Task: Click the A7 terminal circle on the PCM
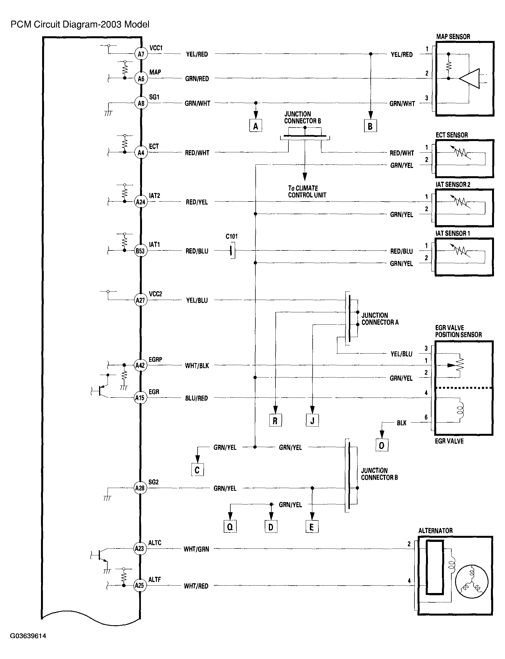141,54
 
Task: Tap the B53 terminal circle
140,251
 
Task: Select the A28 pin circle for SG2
140,488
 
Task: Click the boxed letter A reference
255,126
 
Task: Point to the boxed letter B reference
370,126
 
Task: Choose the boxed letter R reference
275,420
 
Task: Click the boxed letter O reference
382,445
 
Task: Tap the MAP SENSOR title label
453,37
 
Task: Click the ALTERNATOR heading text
435,531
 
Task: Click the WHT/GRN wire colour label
196,549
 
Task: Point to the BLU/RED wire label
196,398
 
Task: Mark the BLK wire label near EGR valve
401,423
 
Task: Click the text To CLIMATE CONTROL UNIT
307,192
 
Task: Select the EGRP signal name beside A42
155,359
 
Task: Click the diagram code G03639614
28,636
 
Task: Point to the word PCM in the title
21,24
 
